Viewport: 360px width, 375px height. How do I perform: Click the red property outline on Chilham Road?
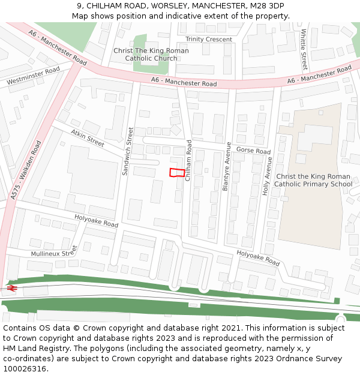(177, 173)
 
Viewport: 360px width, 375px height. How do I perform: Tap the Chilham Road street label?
(188, 161)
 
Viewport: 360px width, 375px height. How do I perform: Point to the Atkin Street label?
(88, 138)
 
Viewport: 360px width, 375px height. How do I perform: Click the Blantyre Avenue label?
(227, 166)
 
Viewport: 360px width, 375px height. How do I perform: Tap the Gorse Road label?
(253, 150)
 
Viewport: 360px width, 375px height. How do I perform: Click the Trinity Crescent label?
(209, 40)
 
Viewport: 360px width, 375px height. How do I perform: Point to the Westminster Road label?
(33, 76)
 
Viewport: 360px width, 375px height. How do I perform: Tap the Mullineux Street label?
(54, 251)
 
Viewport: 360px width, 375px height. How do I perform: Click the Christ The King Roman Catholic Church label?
(151, 55)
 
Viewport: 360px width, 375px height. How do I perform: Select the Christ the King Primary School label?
(313, 180)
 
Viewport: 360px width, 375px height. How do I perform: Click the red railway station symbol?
(11, 289)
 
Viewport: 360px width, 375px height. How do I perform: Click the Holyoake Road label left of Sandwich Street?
(96, 220)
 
